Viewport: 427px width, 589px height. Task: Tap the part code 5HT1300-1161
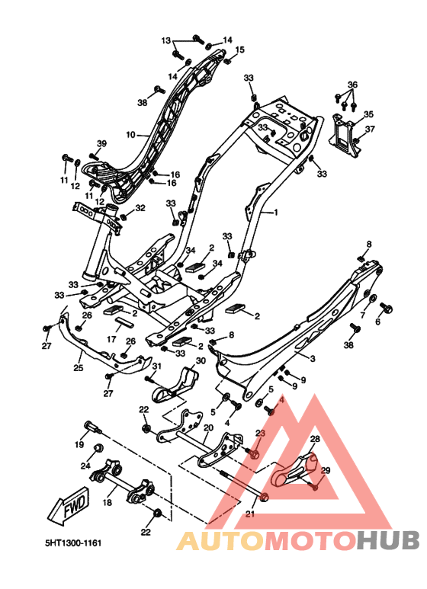73,543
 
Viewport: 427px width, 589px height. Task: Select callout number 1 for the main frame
276,213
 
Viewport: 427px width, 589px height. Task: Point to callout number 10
130,134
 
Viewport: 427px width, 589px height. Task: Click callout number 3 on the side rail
313,358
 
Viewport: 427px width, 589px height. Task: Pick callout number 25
79,367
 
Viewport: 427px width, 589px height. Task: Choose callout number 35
368,114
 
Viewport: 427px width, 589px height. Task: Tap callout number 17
111,340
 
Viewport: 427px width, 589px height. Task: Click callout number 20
208,428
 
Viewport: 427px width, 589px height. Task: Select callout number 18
107,502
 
